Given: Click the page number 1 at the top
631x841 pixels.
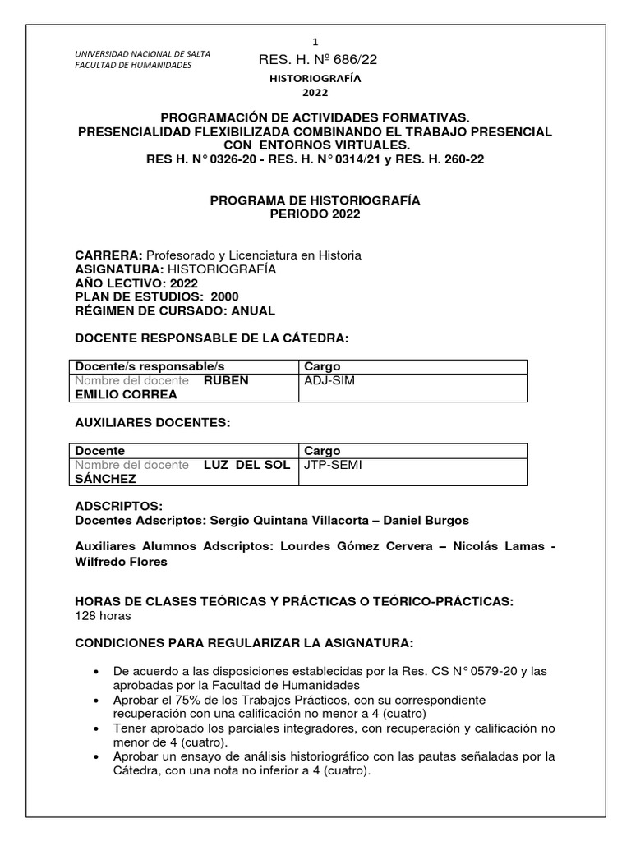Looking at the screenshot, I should (315, 41).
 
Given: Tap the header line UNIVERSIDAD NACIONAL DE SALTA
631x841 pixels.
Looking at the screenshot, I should (142, 54).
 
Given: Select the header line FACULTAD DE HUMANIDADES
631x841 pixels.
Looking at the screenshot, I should (133, 65).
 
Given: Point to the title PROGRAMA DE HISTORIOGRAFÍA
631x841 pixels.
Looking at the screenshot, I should (315, 200).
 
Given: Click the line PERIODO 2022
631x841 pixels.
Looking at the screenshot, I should (315, 214).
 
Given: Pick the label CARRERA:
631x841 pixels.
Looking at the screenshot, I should (108, 255).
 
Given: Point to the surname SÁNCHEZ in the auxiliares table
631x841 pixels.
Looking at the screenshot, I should (106, 479).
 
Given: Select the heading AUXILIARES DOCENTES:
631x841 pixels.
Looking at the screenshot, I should (153, 422).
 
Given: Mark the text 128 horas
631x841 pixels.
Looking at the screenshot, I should (103, 616).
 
